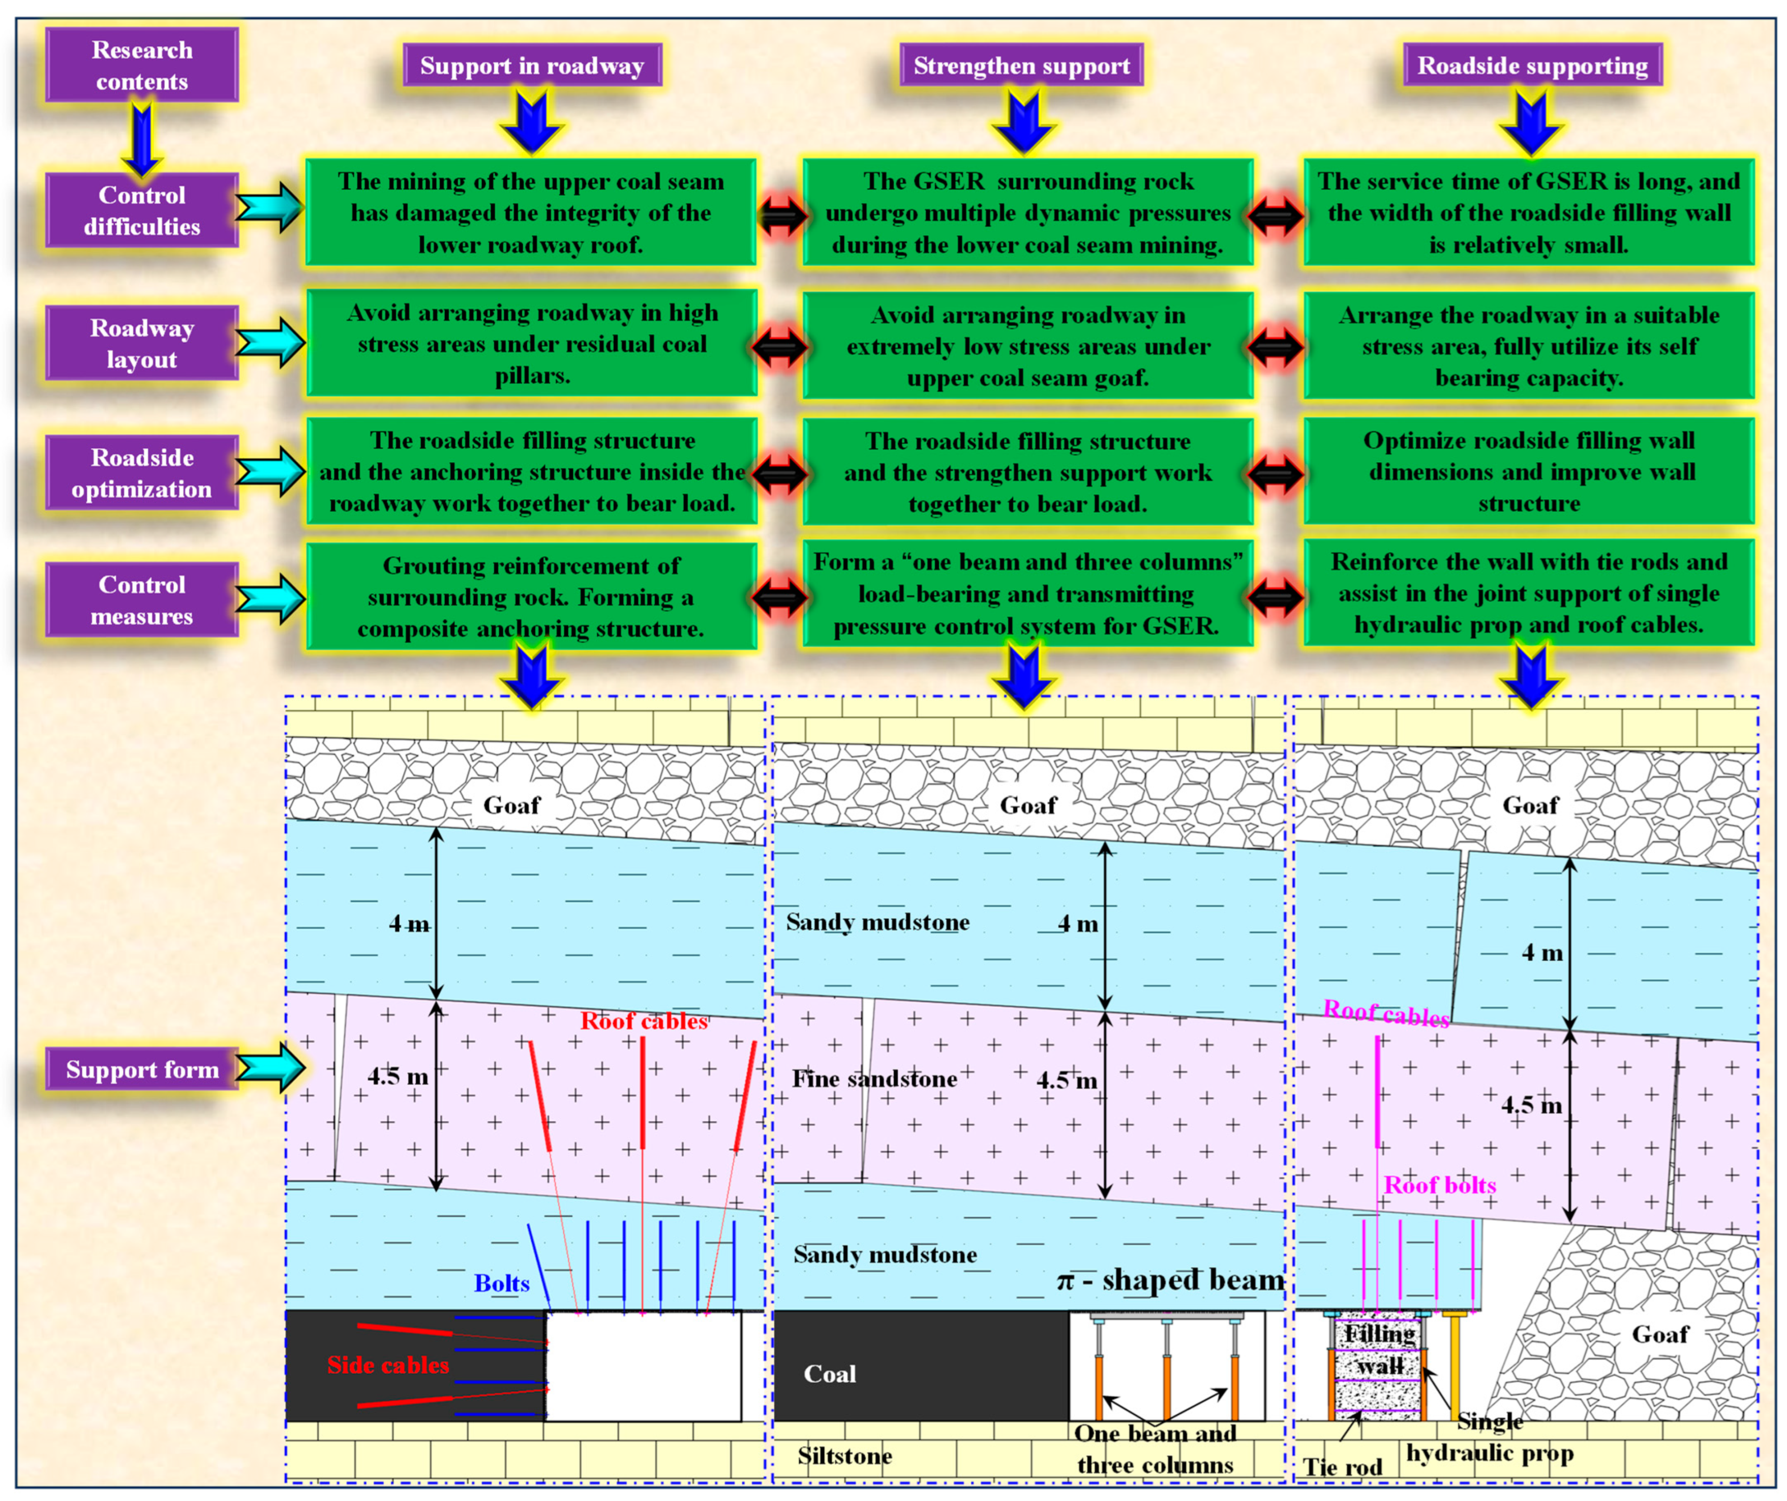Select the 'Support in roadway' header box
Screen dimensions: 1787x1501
coord(532,66)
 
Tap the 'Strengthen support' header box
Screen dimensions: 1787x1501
coord(1021,66)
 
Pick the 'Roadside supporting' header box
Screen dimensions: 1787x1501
coord(1532,66)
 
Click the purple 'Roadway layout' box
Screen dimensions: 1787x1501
coord(141,343)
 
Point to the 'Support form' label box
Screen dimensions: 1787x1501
coord(141,1069)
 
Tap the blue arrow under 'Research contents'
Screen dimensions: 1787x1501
coord(141,136)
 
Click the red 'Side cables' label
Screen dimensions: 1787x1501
coord(388,1365)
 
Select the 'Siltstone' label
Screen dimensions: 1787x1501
coord(844,1456)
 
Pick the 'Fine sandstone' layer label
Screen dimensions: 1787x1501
coord(874,1079)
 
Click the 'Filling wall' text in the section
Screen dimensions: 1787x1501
coord(1379,1350)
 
